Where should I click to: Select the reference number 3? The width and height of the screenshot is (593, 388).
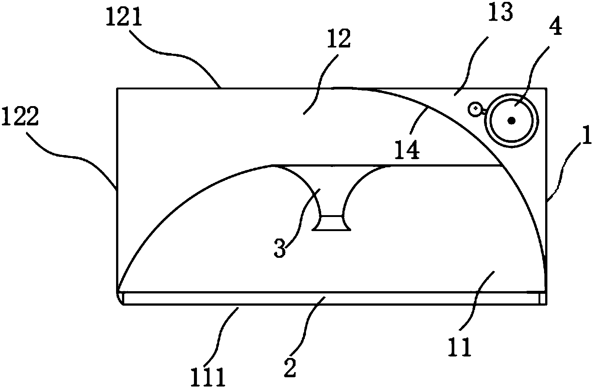point(280,249)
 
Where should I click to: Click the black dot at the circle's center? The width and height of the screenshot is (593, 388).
point(512,120)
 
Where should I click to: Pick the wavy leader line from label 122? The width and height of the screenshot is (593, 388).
point(74,156)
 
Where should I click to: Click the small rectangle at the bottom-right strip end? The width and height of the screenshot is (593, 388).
point(543,298)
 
